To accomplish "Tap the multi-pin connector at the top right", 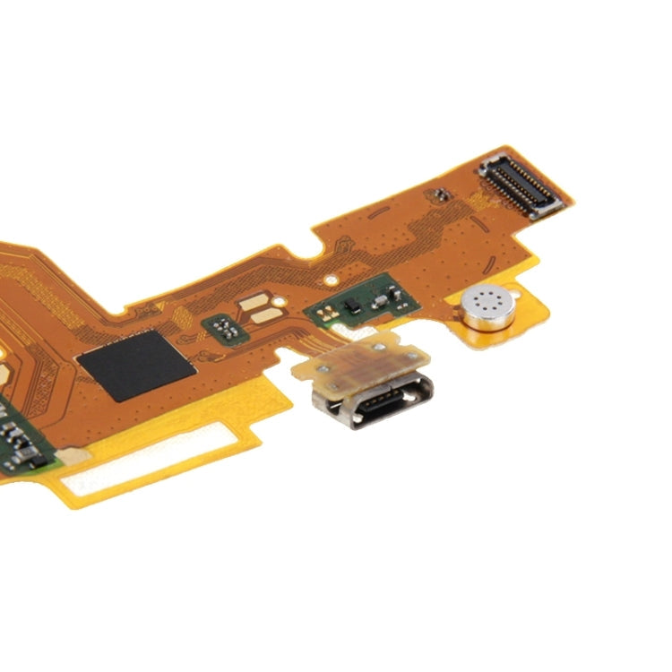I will coord(521,186).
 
